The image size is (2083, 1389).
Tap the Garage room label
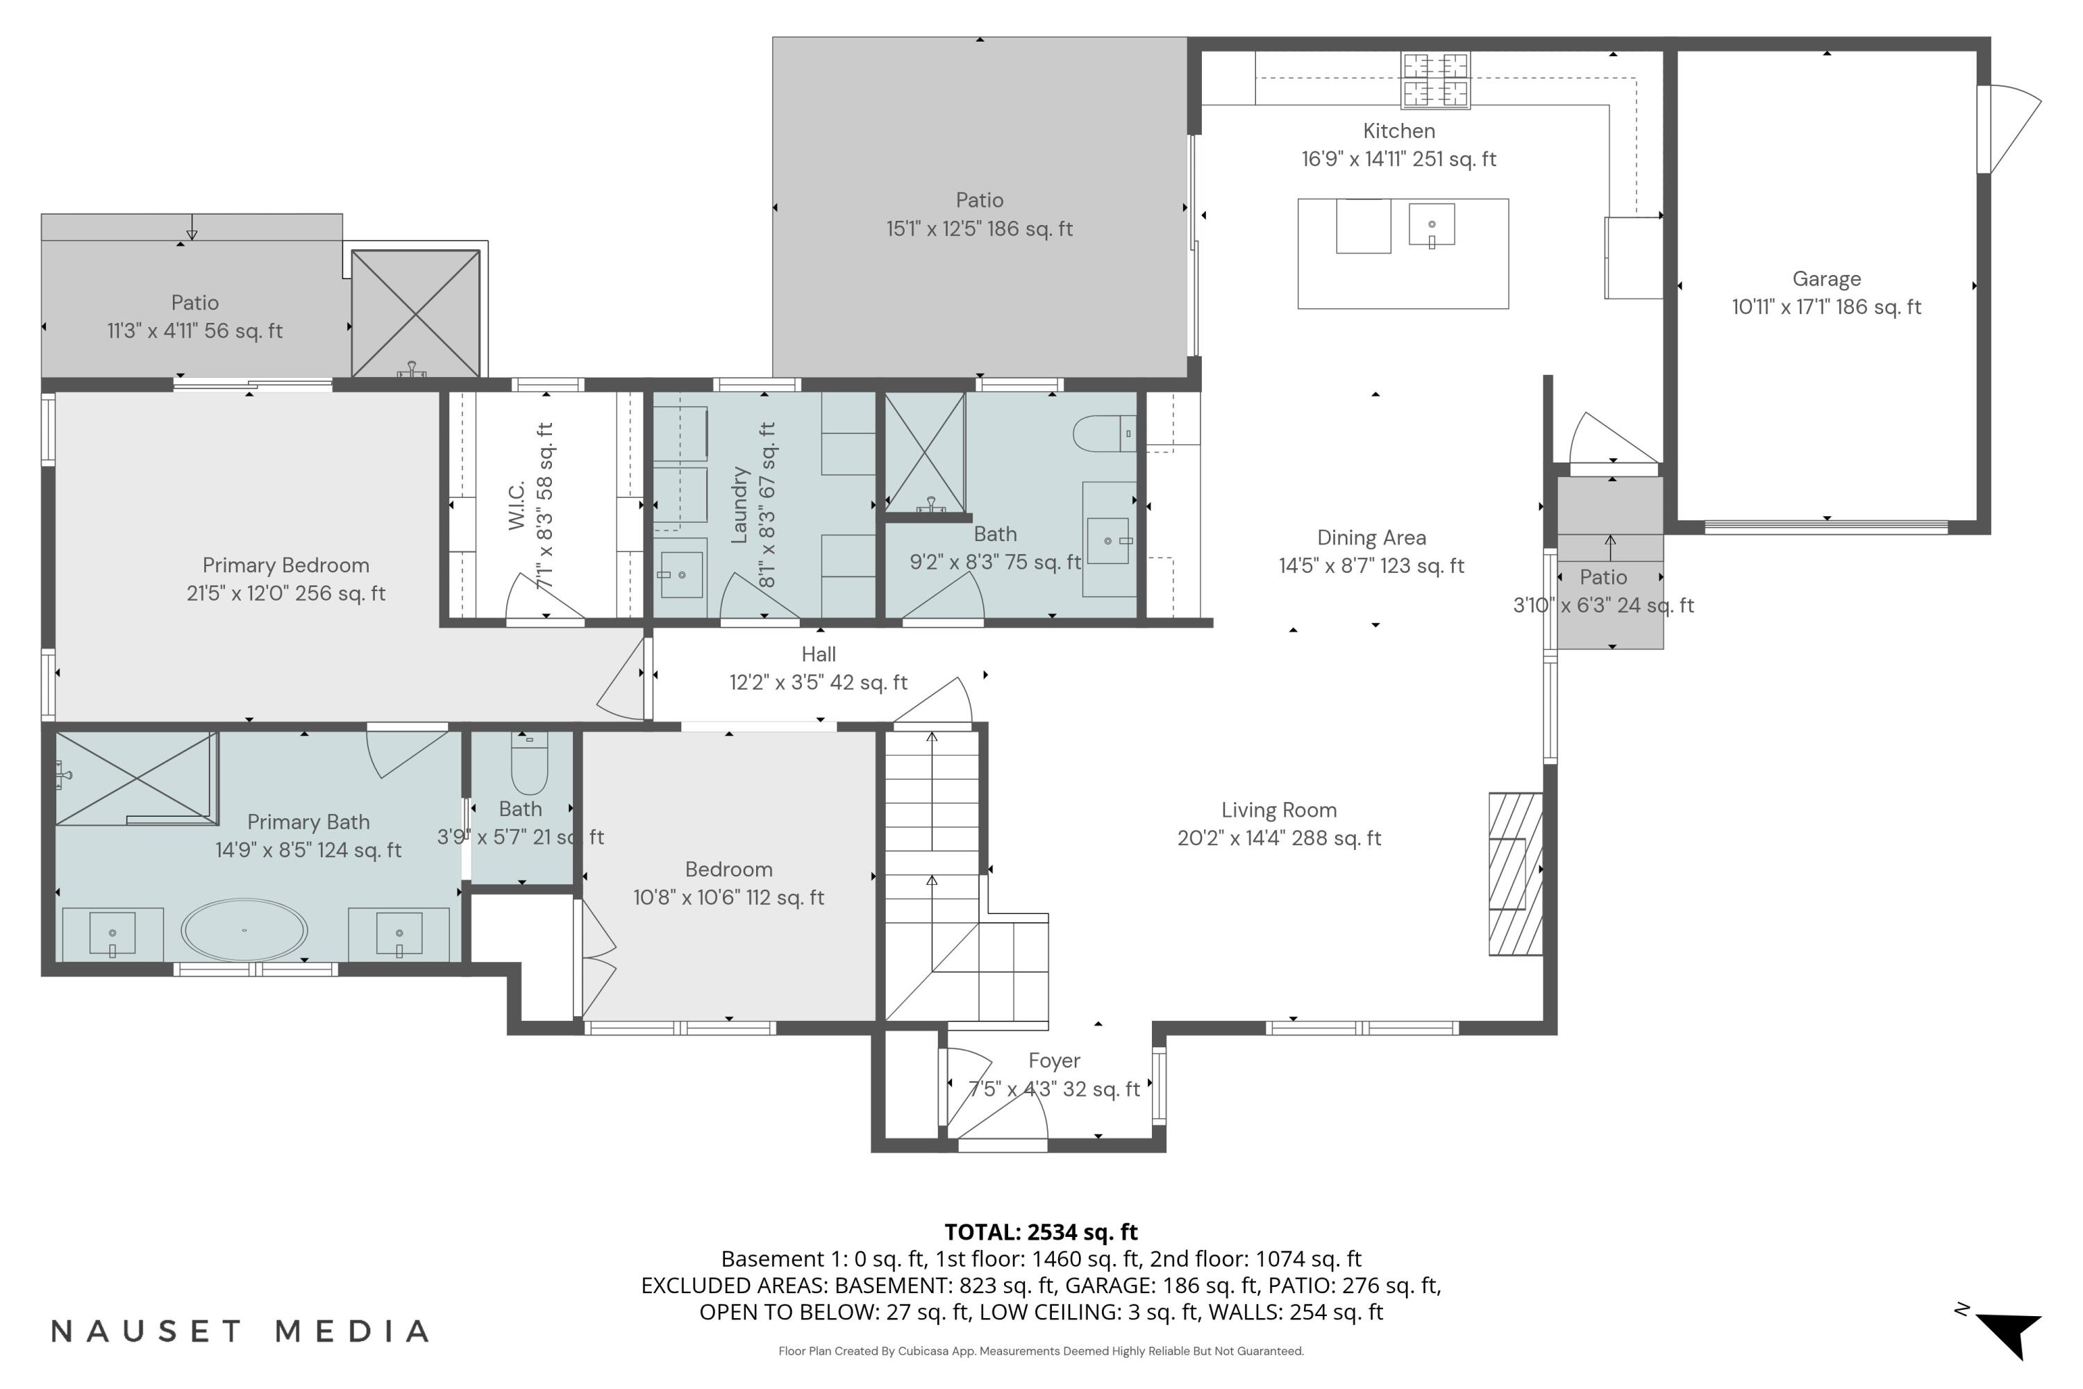1826,279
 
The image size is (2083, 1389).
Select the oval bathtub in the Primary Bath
244,930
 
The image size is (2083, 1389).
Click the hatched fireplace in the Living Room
1515,874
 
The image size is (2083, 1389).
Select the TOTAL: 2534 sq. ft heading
1041,1232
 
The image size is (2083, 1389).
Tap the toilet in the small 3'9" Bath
530,763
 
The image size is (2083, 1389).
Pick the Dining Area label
1371,538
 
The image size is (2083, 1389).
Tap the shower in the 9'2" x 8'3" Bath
925,453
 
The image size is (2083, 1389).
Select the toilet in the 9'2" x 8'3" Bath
1103,434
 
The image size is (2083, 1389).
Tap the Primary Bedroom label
285,565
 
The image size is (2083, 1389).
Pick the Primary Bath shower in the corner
135,777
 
